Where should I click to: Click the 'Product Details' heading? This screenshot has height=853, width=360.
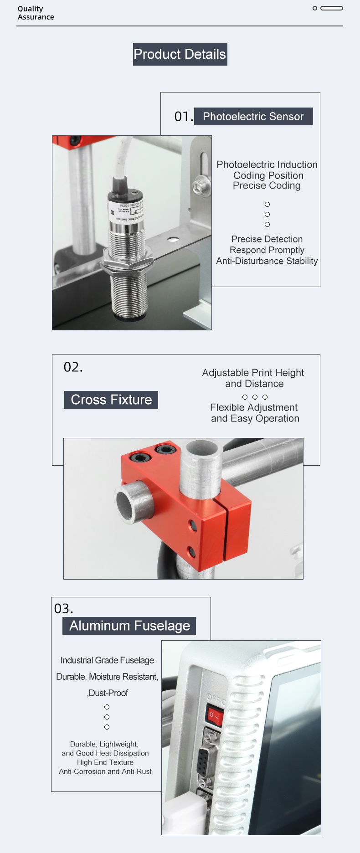coord(180,54)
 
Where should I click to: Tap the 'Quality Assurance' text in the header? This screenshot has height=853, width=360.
coord(36,13)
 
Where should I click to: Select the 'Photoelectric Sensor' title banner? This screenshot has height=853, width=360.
coord(253,116)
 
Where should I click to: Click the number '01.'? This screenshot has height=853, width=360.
coord(184,117)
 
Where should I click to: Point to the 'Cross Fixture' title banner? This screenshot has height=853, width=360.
coord(111,400)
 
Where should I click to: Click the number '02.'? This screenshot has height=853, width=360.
coord(73,367)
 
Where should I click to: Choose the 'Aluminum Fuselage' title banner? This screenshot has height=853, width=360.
coord(129,626)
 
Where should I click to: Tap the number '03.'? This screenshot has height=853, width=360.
coord(64,609)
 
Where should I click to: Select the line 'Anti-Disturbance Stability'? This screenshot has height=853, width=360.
coord(267,261)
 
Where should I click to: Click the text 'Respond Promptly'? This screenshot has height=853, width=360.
coord(267,250)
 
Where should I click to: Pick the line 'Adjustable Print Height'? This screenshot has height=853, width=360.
coord(253,373)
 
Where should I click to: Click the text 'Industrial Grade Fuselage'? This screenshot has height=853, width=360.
coord(107,660)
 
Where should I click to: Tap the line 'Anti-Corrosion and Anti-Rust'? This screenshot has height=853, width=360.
coord(105,771)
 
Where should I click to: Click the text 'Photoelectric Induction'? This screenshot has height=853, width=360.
coord(267,164)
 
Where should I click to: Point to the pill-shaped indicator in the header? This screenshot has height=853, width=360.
coord(332,8)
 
